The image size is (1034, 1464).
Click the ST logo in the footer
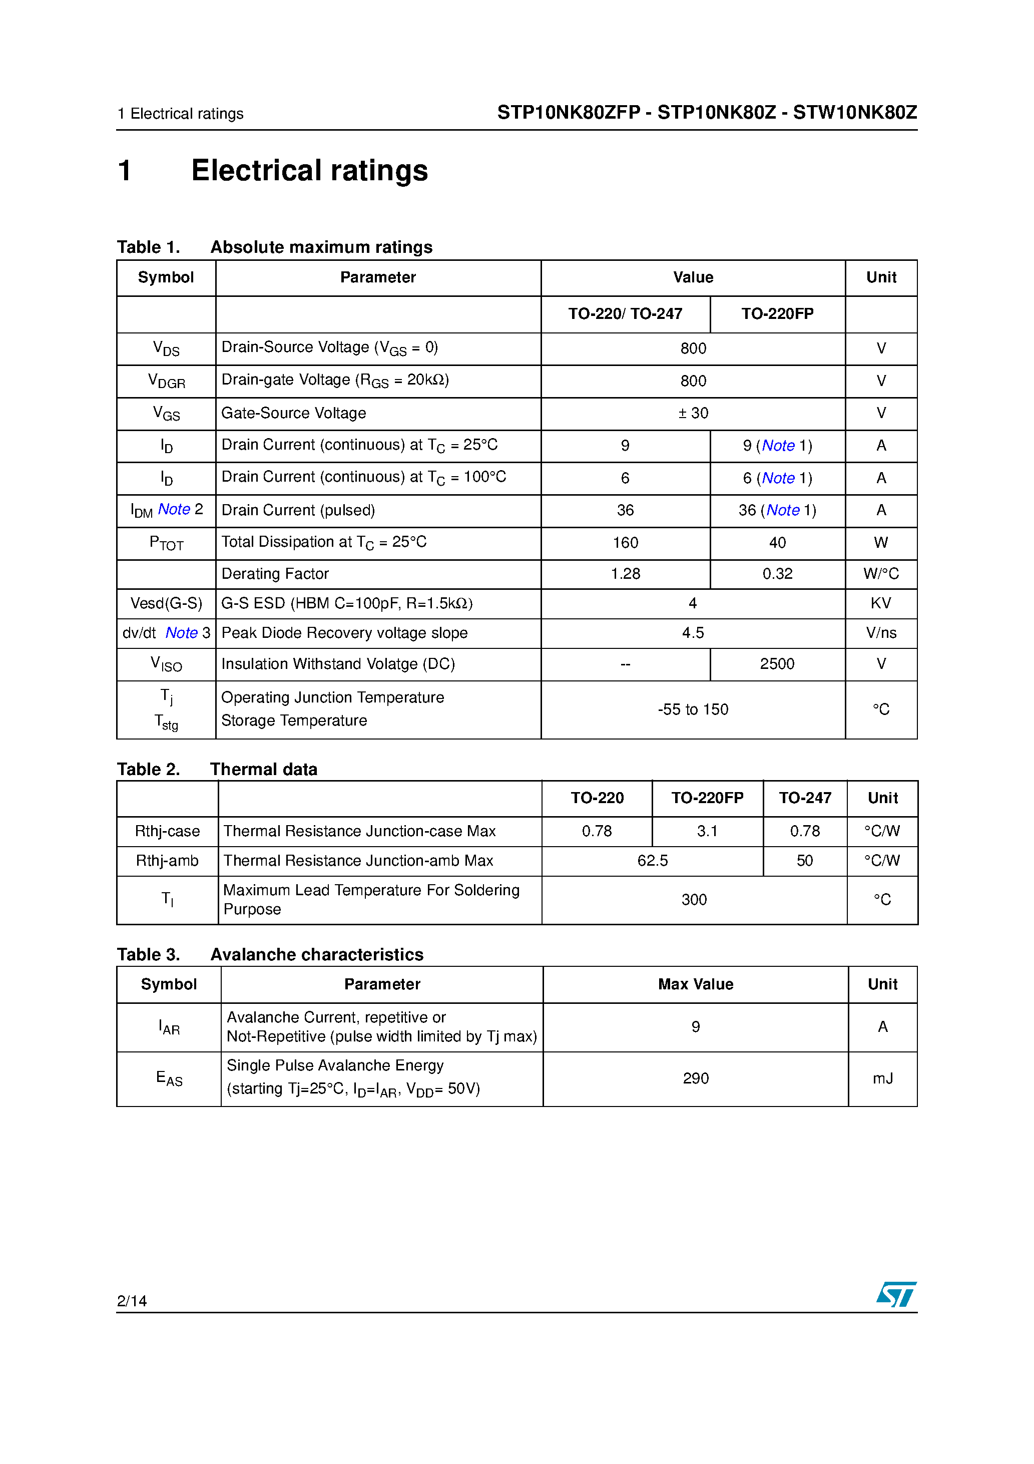896,1294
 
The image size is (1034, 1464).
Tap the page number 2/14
132,1301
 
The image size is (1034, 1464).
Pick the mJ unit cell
882,1078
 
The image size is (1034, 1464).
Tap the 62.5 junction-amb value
652,861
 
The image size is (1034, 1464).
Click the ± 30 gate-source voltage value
693,413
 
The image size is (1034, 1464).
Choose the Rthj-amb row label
167,861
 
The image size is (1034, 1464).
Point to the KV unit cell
880,603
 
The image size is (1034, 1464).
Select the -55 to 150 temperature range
693,709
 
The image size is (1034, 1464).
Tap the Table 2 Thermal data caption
217,769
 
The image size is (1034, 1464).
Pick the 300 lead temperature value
694,900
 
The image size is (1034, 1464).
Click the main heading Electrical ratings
309,171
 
